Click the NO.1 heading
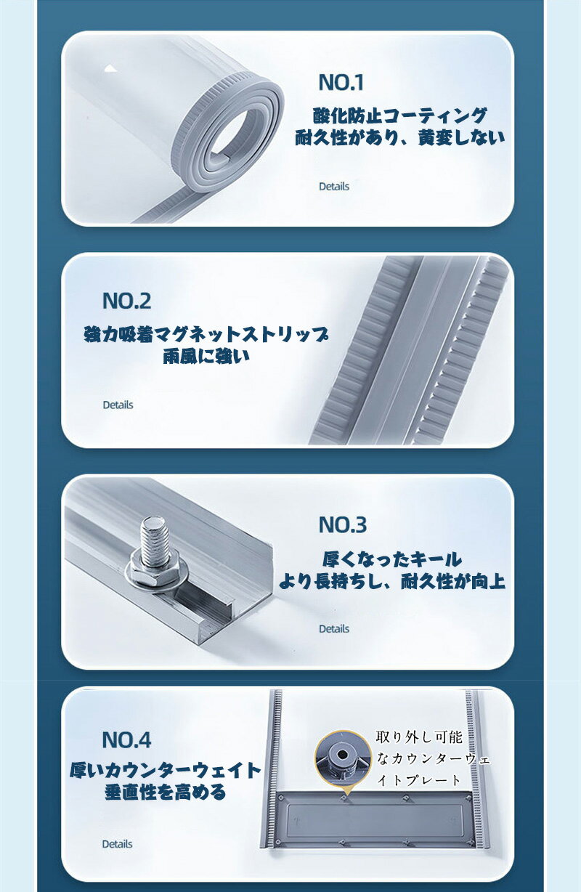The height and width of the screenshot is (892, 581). tap(341, 82)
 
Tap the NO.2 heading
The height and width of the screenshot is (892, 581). tap(126, 301)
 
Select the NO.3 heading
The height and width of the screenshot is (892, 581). tap(343, 524)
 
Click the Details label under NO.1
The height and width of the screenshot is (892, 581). tap(334, 187)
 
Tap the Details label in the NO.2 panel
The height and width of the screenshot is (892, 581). tap(118, 405)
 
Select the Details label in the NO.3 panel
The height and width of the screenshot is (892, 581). tap(334, 629)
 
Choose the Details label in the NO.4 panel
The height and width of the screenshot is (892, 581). tap(118, 844)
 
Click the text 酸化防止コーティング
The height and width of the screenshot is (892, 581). tap(399, 115)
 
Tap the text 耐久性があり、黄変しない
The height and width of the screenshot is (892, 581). tap(400, 137)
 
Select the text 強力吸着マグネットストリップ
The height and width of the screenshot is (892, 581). tap(206, 334)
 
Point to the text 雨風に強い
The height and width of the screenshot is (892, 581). tap(206, 356)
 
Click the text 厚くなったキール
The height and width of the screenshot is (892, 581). tap(392, 559)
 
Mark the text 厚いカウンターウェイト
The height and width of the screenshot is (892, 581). tap(166, 770)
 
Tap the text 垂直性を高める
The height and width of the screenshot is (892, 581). tap(166, 792)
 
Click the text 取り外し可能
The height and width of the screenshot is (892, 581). tap(419, 737)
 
